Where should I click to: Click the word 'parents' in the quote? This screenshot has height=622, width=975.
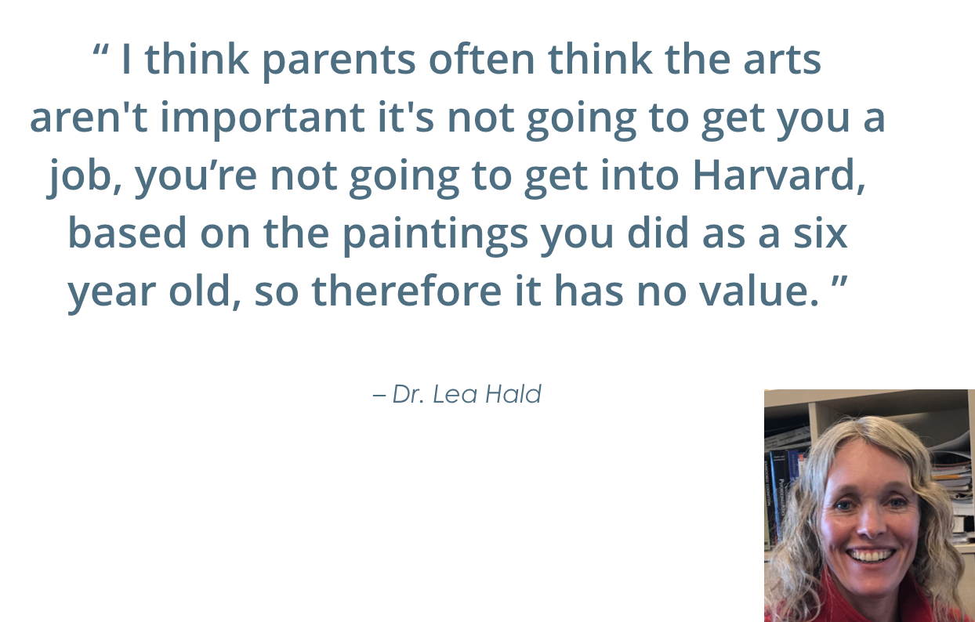coord(339,61)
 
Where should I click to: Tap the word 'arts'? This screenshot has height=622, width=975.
coord(782,60)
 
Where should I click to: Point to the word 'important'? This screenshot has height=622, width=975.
coord(263,119)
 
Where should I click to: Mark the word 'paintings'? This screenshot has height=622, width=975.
coord(435,235)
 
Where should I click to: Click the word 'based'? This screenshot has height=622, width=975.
coord(127,233)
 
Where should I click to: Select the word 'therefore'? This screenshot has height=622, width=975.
coord(407,291)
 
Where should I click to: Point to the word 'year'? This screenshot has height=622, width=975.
coord(111,295)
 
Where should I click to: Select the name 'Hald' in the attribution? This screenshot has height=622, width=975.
coord(513,395)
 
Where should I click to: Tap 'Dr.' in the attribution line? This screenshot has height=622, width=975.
coord(408,395)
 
